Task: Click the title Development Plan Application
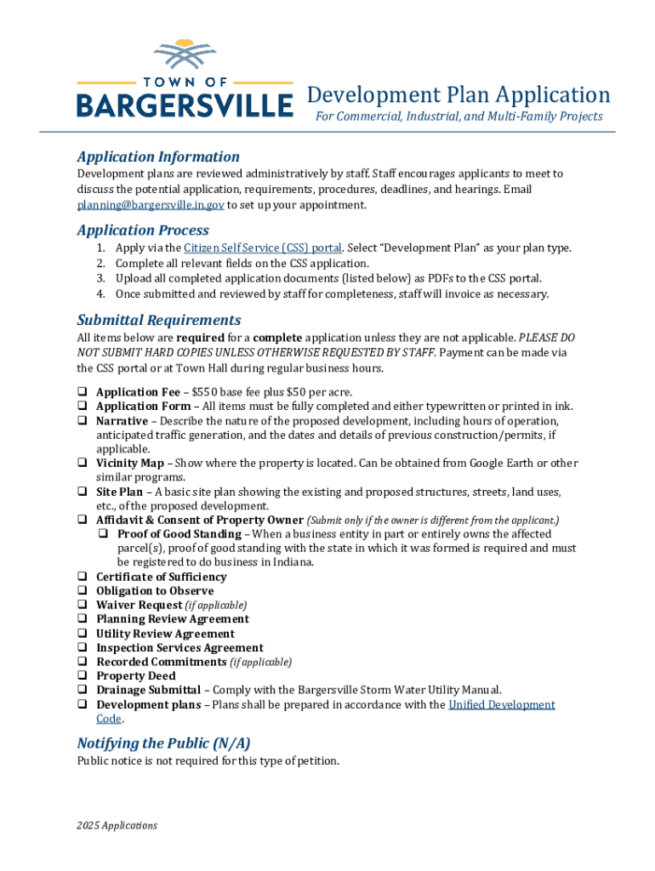pyautogui.click(x=458, y=94)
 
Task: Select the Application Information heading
pyautogui.click(x=158, y=157)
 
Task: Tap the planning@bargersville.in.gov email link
pyautogui.click(x=151, y=205)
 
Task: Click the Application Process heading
pyautogui.click(x=142, y=231)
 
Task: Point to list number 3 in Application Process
pyautogui.click(x=100, y=278)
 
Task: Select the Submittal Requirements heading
pyautogui.click(x=158, y=320)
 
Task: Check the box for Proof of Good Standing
pyautogui.click(x=103, y=534)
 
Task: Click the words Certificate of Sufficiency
pyautogui.click(x=161, y=577)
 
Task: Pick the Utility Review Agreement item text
pyautogui.click(x=165, y=634)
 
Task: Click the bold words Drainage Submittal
pyautogui.click(x=148, y=690)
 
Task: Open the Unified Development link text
pyautogui.click(x=501, y=704)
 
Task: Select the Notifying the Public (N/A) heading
pyautogui.click(x=163, y=743)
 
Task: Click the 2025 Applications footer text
pyautogui.click(x=117, y=825)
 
